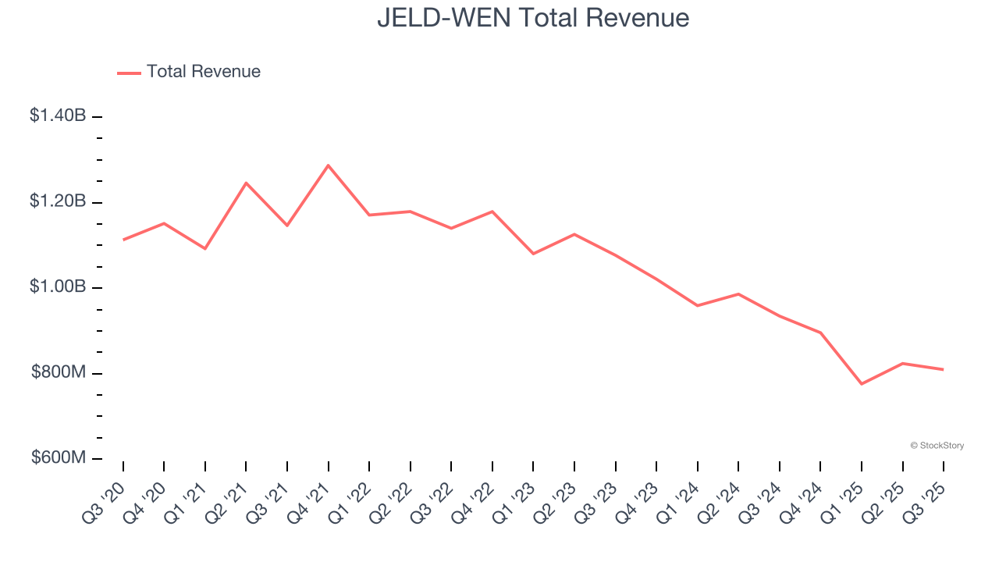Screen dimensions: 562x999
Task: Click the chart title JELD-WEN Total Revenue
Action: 533,17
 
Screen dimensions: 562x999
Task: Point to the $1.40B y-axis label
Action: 58,116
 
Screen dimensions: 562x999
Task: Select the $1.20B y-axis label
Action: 58,201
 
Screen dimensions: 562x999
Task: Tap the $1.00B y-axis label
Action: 58,286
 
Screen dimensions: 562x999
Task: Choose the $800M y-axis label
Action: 59,372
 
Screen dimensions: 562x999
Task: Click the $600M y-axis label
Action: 59,457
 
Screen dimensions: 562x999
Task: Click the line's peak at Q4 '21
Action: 328,165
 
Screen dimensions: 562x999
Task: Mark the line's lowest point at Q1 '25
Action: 862,384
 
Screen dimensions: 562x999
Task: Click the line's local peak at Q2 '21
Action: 246,183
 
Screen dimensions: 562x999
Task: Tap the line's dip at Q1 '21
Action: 205,248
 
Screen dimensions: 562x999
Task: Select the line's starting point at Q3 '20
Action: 123,240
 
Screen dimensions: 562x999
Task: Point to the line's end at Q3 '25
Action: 944,369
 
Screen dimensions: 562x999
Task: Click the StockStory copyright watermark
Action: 937,446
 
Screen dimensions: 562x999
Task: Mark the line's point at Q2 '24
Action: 738,294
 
